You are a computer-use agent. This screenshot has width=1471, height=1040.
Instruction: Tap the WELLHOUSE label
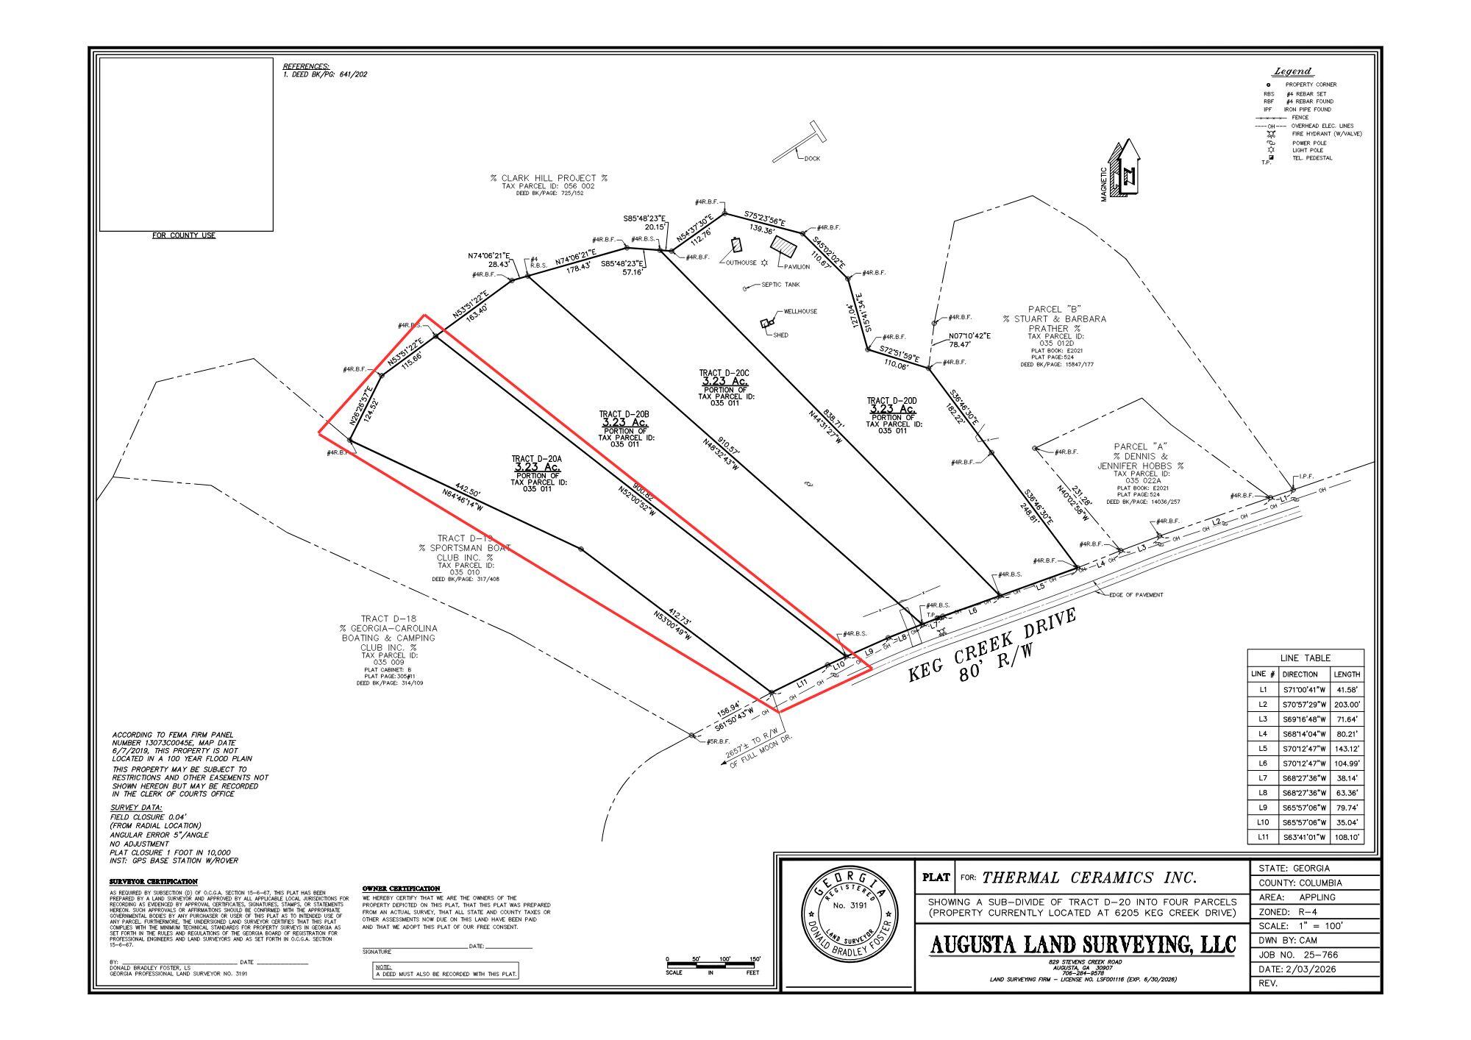(800, 312)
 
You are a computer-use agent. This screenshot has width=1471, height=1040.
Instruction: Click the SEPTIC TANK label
(780, 285)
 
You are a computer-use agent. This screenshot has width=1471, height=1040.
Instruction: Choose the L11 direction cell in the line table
(1304, 837)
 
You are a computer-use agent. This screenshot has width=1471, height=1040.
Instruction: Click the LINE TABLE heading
(1306, 658)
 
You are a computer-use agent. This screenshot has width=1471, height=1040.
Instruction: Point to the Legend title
(1292, 71)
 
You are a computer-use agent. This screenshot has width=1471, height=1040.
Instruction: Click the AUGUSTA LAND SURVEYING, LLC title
(1083, 944)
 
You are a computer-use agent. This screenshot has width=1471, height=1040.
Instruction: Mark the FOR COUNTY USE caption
(184, 235)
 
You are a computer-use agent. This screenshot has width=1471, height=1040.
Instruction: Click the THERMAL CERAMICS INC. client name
(1089, 877)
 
